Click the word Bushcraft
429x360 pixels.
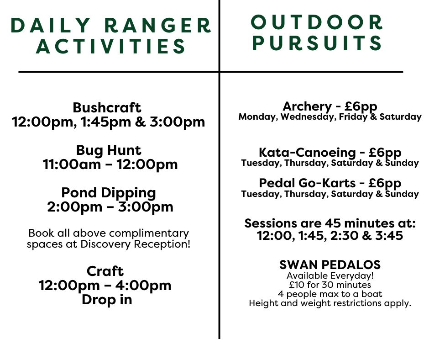107,107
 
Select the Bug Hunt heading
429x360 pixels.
109,151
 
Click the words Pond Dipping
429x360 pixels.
109,193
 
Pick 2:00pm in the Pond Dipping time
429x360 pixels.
74,207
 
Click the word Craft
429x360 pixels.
105,271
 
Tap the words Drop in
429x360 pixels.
107,299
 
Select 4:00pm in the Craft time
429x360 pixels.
143,286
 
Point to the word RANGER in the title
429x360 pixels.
157,26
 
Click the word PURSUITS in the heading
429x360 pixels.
317,43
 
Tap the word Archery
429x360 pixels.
307,106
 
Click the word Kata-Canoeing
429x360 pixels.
307,153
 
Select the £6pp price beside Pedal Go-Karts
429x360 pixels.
385,183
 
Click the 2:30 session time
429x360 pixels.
344,236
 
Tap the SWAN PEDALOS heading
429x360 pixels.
330,265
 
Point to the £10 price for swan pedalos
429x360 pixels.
297,285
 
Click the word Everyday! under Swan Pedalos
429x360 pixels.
352,276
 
